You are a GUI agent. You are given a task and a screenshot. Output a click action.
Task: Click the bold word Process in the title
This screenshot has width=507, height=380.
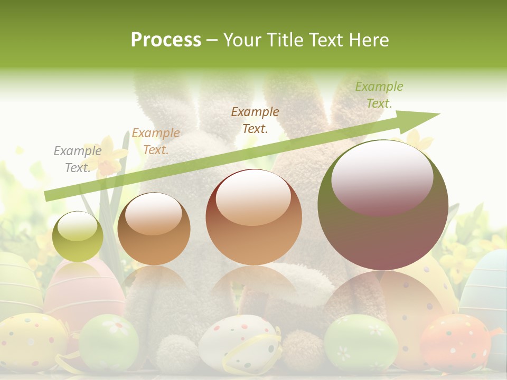point(166,40)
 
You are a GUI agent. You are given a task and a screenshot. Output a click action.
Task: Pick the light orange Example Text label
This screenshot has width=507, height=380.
point(155,141)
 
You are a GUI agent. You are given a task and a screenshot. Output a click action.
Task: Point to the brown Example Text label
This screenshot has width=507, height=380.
point(255,120)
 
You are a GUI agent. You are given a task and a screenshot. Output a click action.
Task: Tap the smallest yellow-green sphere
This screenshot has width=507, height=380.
point(78,237)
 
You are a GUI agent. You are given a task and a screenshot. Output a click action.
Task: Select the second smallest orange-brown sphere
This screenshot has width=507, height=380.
point(154,229)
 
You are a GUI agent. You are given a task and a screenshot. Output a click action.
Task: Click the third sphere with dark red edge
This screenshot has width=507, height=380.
point(253,217)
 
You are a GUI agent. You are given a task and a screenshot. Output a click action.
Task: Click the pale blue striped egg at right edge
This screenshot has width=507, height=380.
point(489,285)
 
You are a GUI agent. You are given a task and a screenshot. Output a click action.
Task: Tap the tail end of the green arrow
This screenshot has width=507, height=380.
point(47,196)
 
